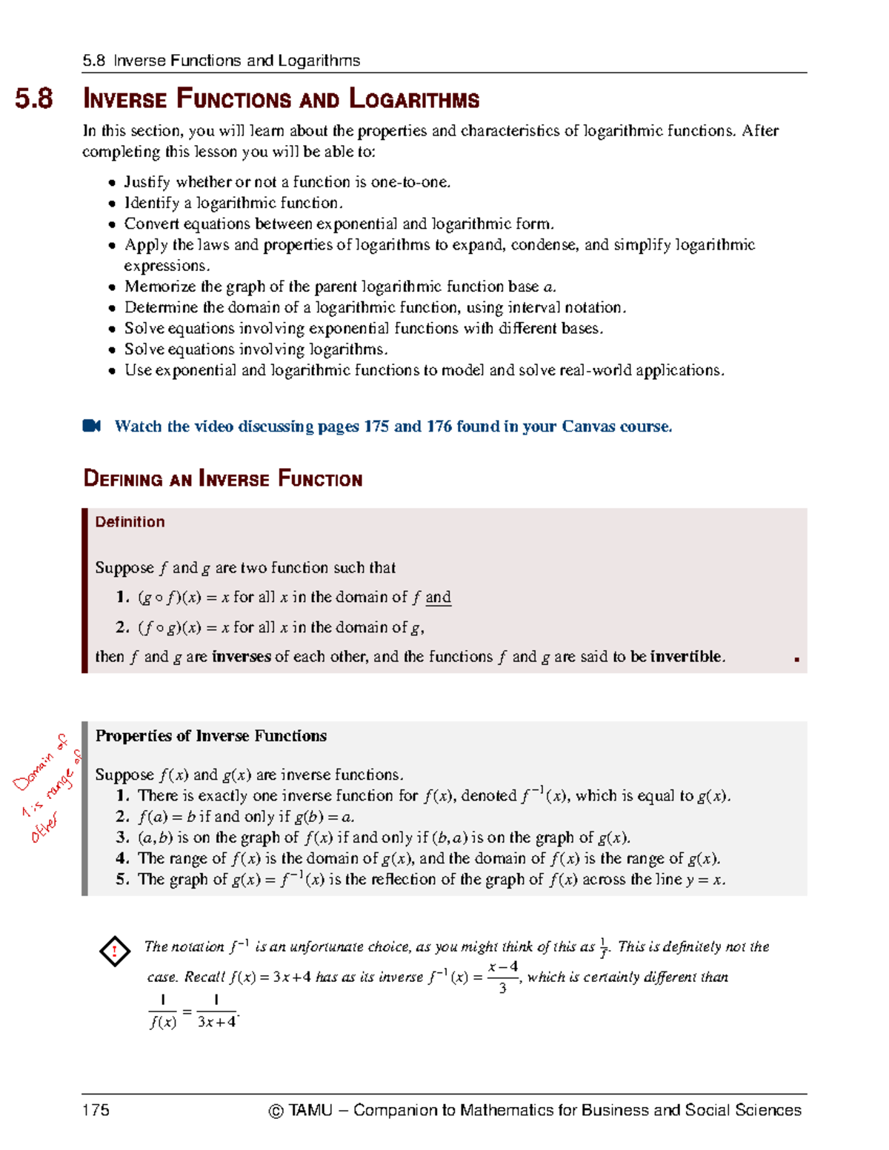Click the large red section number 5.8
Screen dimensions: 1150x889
pyautogui.click(x=34, y=99)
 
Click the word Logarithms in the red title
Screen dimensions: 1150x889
pyautogui.click(x=414, y=99)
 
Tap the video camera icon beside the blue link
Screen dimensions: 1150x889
pyautogui.click(x=92, y=426)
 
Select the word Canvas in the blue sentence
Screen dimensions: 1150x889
pyautogui.click(x=588, y=427)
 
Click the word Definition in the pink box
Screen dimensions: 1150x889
pyautogui.click(x=130, y=522)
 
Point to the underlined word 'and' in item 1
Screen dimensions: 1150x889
pyautogui.click(x=438, y=598)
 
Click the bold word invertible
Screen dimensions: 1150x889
pyautogui.click(x=687, y=657)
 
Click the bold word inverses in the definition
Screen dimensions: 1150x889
pyautogui.click(x=241, y=657)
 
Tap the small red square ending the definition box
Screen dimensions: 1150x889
pyautogui.click(x=796, y=659)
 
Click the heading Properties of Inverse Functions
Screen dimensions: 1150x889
pyautogui.click(x=211, y=736)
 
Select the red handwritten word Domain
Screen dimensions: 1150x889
pyautogui.click(x=34, y=771)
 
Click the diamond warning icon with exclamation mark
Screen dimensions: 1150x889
pyautogui.click(x=115, y=952)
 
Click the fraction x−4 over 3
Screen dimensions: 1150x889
pyautogui.click(x=503, y=977)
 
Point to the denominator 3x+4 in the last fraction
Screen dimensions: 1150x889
pyautogui.click(x=216, y=1023)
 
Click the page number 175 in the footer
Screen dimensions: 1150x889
pyautogui.click(x=96, y=1110)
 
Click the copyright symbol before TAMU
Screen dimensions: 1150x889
pyautogui.click(x=276, y=1111)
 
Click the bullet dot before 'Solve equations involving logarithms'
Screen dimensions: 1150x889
pyautogui.click(x=112, y=350)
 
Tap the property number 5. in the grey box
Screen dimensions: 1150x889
pyautogui.click(x=123, y=880)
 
